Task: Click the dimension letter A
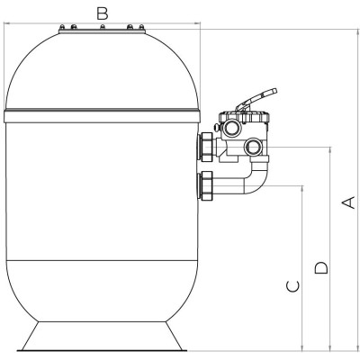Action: [349, 202]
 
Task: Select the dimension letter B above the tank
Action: [103, 13]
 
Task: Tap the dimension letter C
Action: [293, 286]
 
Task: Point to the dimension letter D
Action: [321, 268]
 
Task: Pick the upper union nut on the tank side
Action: [206, 148]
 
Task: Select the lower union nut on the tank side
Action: [206, 185]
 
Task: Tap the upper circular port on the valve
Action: [232, 128]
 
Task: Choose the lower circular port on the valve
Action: [254, 147]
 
